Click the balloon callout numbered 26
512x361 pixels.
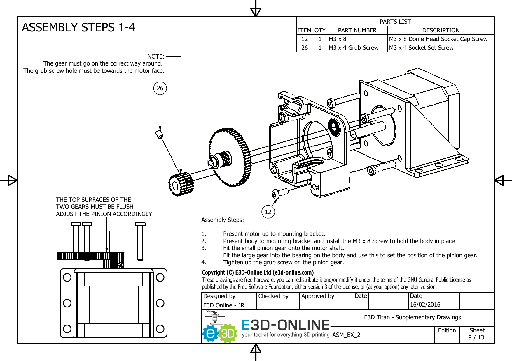pyautogui.click(x=160, y=88)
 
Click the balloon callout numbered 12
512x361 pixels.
pyautogui.click(x=268, y=212)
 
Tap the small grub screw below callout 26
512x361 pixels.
pyautogui.click(x=159, y=134)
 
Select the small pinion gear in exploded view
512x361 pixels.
pyautogui.click(x=181, y=184)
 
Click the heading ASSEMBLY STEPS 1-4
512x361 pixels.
pyautogui.click(x=78, y=27)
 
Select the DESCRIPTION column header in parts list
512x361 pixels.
pyautogui.click(x=441, y=30)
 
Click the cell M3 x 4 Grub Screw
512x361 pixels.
pyautogui.click(x=353, y=48)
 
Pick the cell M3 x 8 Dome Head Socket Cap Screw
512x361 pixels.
pyautogui.click(x=438, y=39)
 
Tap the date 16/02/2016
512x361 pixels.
pyautogui.click(x=425, y=305)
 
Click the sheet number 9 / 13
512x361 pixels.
pyautogui.click(x=476, y=337)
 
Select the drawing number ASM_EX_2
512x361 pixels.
pyautogui.click(x=346, y=335)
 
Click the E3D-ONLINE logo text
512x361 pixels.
pyautogui.click(x=285, y=325)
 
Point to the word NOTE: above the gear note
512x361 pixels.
pyautogui.click(x=156, y=56)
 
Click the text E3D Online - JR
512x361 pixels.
pyautogui.click(x=223, y=305)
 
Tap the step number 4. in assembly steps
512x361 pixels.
pyautogui.click(x=204, y=262)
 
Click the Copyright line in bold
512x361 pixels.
pyautogui.click(x=258, y=272)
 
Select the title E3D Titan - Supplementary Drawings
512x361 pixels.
pyautogui.click(x=412, y=317)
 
